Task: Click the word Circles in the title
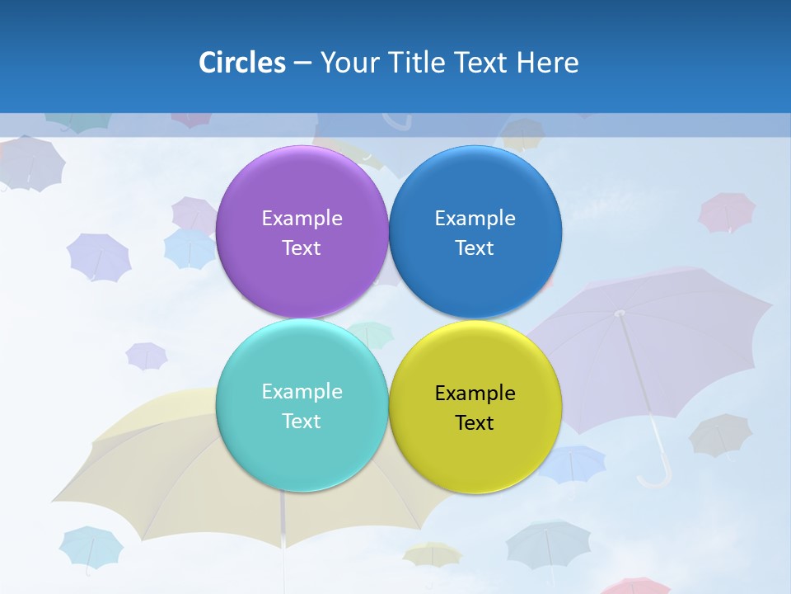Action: (241, 63)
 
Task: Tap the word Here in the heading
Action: (547, 63)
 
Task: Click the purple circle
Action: (302, 190)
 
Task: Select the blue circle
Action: (475, 190)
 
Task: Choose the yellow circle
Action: (475, 450)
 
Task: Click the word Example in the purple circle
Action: (302, 219)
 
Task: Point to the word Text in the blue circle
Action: (475, 248)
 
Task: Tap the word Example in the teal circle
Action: (302, 392)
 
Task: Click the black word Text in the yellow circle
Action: (475, 423)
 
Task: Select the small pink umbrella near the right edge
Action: (727, 212)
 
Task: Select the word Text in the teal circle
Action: (302, 422)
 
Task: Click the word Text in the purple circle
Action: (302, 248)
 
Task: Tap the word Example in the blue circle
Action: (475, 219)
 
